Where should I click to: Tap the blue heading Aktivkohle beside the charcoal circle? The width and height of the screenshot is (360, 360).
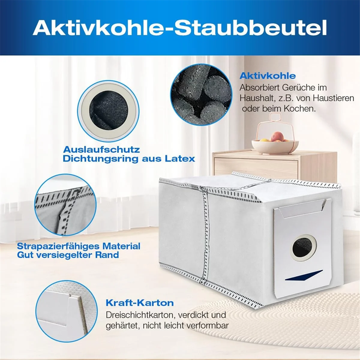tap(268, 76)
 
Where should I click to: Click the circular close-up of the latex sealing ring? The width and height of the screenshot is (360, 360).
tap(108, 110)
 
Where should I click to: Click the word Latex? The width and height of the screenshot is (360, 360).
tap(180, 158)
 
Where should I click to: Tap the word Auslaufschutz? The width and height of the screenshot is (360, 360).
tap(101, 149)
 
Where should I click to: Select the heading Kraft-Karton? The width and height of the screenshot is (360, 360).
tap(140, 303)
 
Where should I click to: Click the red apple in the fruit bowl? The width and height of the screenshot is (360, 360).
tap(277, 137)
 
